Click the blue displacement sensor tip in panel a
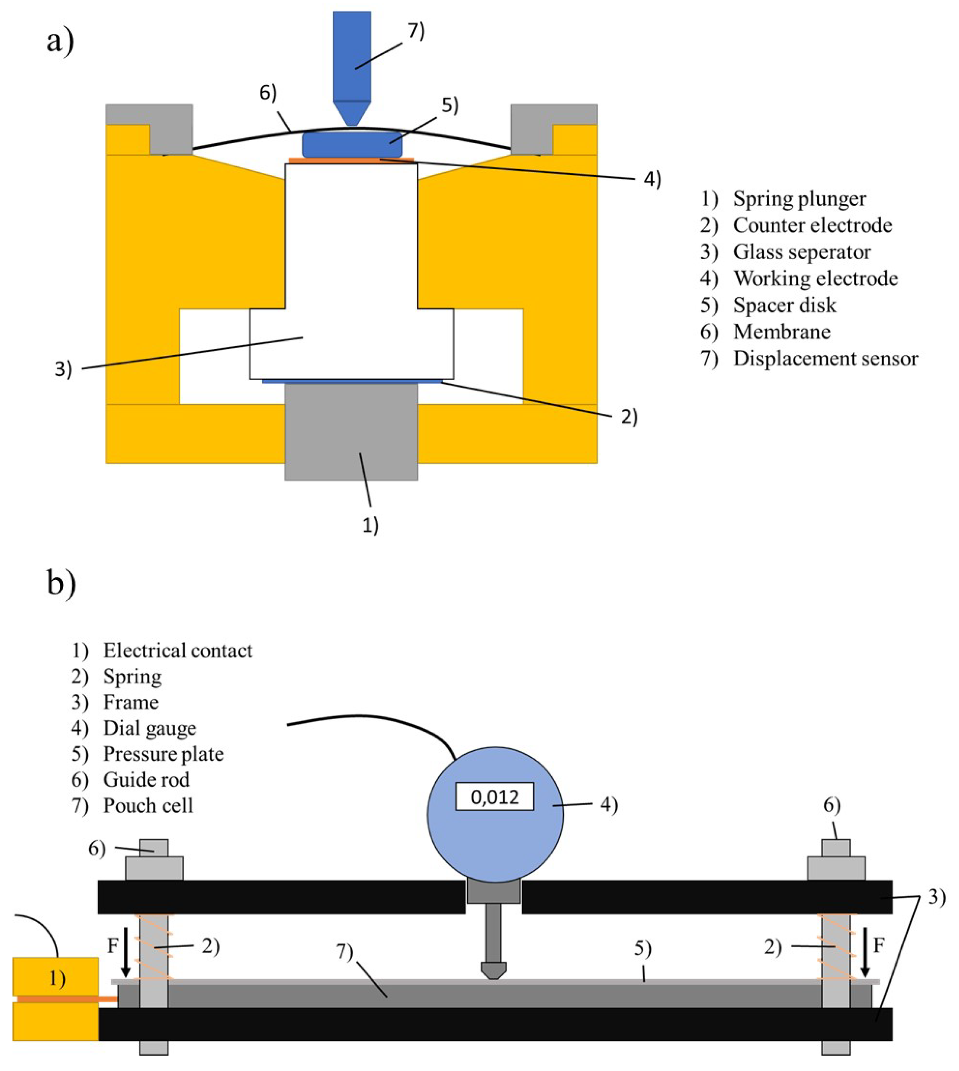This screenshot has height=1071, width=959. pos(351,113)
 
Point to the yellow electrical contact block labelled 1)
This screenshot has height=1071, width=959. pos(55,978)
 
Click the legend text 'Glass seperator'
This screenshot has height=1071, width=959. pos(801,252)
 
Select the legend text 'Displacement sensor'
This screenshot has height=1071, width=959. pos(825,358)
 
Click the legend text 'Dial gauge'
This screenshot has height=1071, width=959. pos(149,728)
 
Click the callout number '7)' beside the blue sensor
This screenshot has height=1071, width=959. pos(416,32)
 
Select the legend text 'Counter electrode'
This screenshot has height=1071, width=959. pos(812,225)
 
